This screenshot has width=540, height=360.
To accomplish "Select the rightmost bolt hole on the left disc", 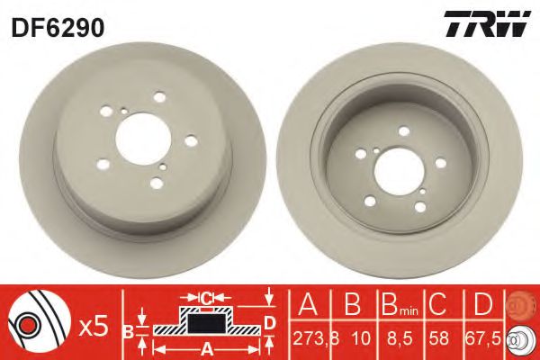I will point(190,139).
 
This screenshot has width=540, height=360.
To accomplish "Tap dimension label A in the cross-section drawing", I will point(205,347).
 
